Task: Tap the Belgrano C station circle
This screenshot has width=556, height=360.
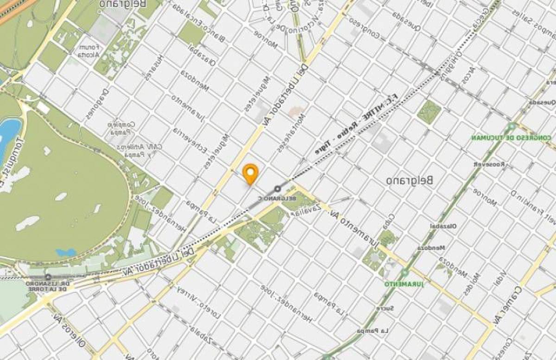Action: [x=278, y=189]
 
